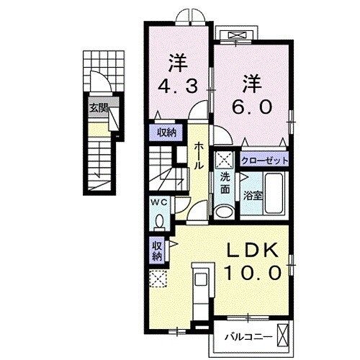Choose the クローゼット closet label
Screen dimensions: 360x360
point(265,161)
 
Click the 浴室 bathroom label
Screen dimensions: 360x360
point(272,196)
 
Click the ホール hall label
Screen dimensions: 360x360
point(199,154)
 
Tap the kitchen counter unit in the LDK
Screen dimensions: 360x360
point(201,288)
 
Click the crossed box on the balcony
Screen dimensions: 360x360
point(284,334)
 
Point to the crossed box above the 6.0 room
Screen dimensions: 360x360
point(238,35)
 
